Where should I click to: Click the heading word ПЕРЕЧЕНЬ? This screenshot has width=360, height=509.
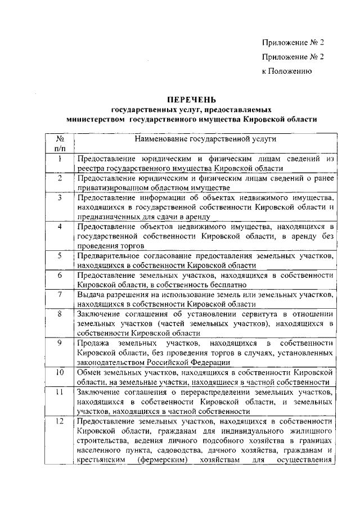tap(191, 100)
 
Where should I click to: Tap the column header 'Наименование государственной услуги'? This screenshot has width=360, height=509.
tap(205, 138)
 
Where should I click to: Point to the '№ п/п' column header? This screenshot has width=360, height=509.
tap(59, 143)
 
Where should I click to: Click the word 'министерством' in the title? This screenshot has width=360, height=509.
tap(94, 119)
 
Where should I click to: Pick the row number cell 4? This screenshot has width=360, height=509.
tap(59, 226)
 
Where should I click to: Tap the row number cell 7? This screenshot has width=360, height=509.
tap(59, 294)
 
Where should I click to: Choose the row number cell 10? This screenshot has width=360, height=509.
tap(59, 372)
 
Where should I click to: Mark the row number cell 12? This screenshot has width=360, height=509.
tap(59, 422)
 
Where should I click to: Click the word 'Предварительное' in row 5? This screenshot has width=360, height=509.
tap(109, 256)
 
